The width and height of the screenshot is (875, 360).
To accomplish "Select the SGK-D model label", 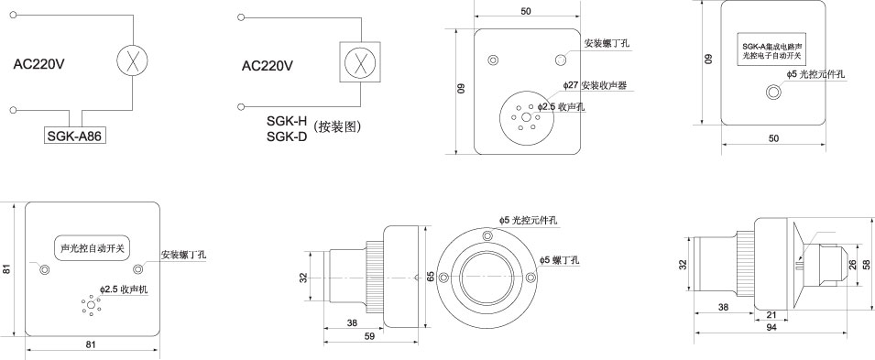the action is tap(286, 137).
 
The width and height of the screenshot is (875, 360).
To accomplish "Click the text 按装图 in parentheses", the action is tap(337, 129).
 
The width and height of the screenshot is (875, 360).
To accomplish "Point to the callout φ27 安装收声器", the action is tap(601, 85).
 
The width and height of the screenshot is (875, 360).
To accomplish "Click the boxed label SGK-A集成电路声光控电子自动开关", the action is tap(773, 50).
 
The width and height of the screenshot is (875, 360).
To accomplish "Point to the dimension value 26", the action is tap(851, 264).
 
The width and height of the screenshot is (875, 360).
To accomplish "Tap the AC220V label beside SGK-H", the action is tap(268, 65).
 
